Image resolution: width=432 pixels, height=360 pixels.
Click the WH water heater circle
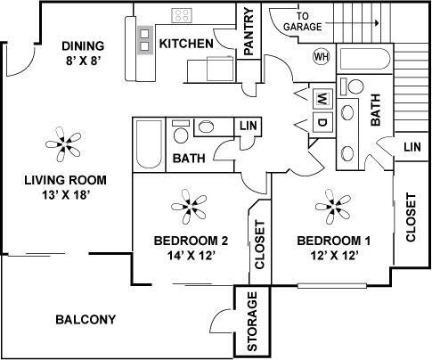(321, 56)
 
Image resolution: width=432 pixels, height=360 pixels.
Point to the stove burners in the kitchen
(182, 15)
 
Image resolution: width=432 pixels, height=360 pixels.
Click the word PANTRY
(249, 35)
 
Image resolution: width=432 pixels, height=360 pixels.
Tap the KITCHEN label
(185, 44)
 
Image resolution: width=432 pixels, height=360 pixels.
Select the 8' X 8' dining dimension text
(83, 62)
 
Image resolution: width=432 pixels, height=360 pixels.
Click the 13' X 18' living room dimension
(63, 194)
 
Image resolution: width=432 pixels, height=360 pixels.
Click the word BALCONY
(86, 320)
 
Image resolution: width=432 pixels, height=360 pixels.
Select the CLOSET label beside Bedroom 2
(260, 245)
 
